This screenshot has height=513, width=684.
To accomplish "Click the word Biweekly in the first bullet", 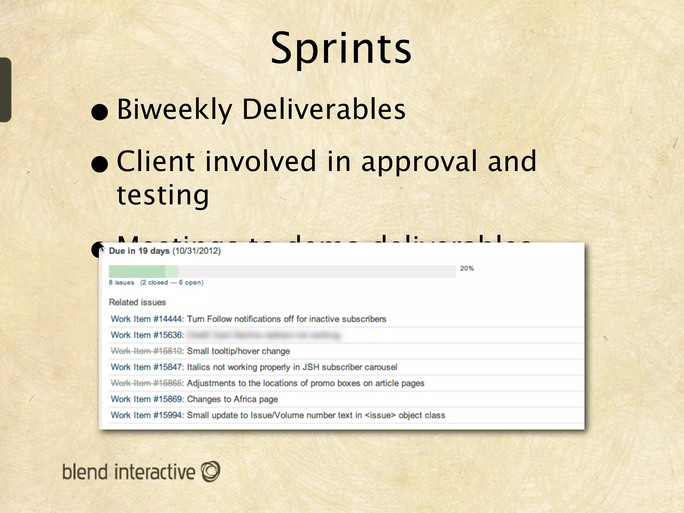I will click(175, 109).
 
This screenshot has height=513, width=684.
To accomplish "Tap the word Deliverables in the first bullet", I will click(323, 109).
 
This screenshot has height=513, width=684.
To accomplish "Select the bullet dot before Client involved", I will click(100, 165).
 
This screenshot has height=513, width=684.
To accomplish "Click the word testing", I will click(163, 195).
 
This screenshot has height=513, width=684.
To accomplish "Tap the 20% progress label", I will click(467, 269).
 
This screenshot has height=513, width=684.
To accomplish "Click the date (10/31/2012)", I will click(197, 251).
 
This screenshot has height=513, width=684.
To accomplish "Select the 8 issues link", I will click(122, 283).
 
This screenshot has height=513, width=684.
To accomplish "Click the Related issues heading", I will click(137, 302).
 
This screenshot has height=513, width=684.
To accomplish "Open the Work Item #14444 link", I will click(147, 319).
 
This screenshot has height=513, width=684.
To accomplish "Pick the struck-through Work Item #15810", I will click(147, 351).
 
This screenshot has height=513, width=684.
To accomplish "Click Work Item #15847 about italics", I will click(147, 367).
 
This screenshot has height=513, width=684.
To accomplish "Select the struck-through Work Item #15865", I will click(147, 383).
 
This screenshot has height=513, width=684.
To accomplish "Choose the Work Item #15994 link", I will click(147, 415).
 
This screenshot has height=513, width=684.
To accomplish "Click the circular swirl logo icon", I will click(210, 471).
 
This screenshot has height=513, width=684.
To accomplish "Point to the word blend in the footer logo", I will click(85, 472).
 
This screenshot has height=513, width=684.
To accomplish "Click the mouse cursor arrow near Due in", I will click(102, 247).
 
